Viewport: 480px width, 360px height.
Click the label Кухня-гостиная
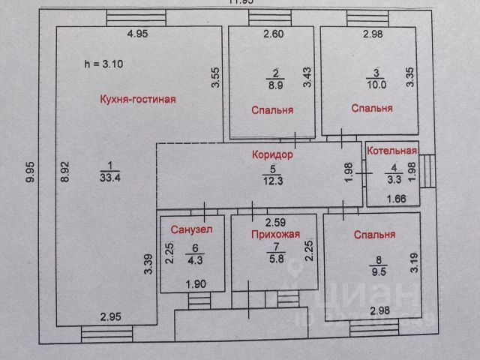138,99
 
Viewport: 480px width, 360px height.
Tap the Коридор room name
272,155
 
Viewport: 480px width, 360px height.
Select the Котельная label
391,151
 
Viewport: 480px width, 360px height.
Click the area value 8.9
274,85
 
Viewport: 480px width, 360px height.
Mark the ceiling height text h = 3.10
104,64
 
